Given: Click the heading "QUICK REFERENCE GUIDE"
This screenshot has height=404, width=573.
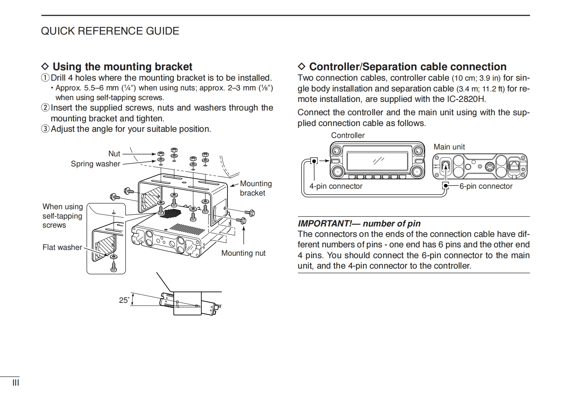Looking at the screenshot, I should coord(110,31).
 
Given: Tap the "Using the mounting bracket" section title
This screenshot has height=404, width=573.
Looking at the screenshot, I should coord(122,67).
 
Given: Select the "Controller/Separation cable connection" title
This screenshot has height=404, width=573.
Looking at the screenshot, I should coord(407,67).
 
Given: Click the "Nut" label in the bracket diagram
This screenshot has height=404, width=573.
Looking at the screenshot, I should coord(114,154).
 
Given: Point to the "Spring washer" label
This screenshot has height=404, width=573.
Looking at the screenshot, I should coord(95,164).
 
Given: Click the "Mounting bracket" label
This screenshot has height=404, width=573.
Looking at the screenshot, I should coord(256,188).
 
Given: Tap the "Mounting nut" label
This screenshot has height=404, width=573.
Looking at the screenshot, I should coord(243,253).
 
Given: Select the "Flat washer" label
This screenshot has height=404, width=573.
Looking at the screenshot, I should coord(62,247).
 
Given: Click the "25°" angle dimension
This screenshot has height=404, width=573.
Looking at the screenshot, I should coord(124,300).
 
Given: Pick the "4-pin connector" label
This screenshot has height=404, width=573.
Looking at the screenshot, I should coord(336,186).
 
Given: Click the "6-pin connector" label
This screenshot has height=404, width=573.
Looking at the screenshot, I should coord(486,186).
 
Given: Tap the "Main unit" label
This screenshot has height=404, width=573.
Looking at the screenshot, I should coord(449,147).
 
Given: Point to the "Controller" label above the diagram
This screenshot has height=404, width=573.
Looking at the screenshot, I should coord(348,135).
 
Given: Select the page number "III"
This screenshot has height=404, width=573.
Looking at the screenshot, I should coord(16,382).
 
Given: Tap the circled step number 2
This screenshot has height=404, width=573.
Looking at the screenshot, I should coord(45,108).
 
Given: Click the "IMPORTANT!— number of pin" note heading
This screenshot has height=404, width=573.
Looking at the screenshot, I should coord(359,224).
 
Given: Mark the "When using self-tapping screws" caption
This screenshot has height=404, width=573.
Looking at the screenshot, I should coord(63,216).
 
